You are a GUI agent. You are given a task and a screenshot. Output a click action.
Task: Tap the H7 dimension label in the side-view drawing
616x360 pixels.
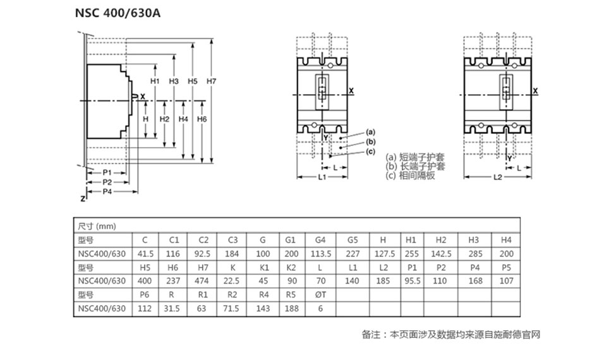coord(212,81)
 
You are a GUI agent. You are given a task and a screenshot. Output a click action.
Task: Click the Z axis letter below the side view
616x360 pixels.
coord(82,198)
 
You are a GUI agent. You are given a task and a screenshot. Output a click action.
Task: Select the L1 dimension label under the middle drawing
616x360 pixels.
coord(322,177)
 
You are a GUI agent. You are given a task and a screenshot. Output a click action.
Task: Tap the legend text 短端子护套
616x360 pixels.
coord(421,157)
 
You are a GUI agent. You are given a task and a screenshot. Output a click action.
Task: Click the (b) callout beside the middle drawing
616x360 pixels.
coord(371,141)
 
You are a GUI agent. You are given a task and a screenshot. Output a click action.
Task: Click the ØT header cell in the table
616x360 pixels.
coord(320,295)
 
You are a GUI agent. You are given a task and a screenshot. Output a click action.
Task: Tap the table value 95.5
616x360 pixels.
coord(411,281)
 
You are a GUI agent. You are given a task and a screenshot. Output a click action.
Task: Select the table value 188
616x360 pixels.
coord(291,309)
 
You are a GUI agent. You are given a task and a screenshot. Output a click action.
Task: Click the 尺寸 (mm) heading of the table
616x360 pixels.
coord(97,226)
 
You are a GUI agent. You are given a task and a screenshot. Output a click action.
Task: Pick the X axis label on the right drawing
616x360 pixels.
coord(536,92)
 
